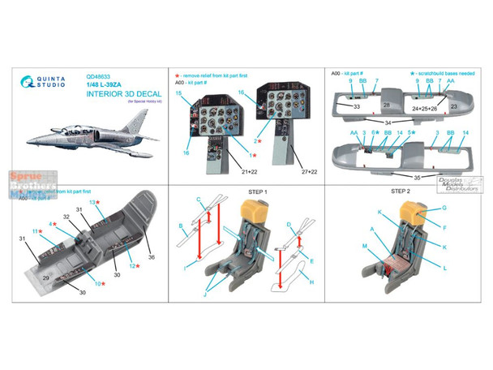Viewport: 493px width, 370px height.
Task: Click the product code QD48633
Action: click(96, 80)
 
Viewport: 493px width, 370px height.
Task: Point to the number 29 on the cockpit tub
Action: click(47, 277)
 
